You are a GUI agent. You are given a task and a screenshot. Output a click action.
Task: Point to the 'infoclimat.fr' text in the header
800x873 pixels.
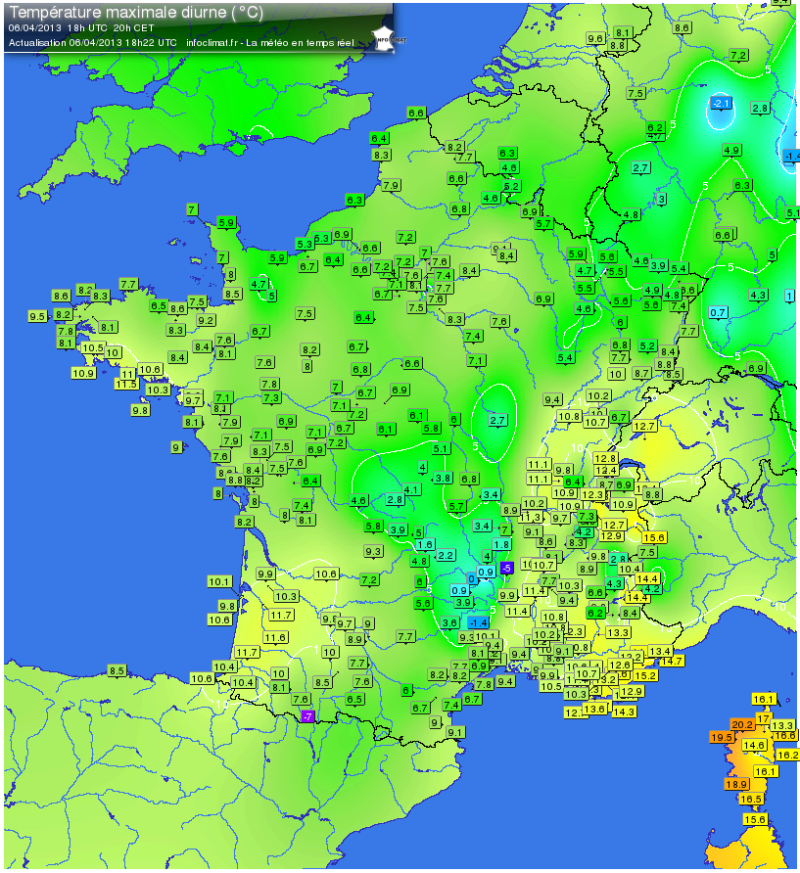(x=212, y=42)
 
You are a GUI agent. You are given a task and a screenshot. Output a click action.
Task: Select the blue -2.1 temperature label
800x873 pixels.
(x=721, y=104)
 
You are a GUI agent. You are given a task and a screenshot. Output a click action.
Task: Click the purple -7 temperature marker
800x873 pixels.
(x=307, y=716)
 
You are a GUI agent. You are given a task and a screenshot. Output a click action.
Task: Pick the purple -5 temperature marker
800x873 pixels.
(x=506, y=568)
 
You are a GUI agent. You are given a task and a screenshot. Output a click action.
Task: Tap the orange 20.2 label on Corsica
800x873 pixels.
(x=742, y=724)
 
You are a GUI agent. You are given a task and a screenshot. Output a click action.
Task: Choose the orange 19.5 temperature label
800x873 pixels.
(x=722, y=737)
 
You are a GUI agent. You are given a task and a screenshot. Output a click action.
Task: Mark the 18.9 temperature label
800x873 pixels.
(x=736, y=784)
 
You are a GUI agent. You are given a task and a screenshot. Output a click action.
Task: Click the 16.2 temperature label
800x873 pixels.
(x=787, y=755)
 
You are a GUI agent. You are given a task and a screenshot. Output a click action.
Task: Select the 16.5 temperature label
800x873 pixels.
(x=751, y=799)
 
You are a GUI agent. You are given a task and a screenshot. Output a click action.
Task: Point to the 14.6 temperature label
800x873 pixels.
(x=755, y=745)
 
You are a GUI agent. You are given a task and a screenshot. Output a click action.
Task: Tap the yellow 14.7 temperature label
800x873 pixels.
(x=672, y=661)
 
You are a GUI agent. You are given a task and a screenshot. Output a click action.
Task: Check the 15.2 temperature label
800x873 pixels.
(x=645, y=675)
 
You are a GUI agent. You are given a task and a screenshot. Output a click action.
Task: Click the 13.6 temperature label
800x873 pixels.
(x=594, y=709)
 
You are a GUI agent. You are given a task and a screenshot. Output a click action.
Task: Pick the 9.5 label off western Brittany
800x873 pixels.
(x=38, y=316)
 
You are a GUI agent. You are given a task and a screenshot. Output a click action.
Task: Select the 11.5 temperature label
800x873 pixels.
(x=126, y=385)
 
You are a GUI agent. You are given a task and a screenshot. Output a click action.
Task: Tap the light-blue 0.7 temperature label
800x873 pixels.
(x=718, y=312)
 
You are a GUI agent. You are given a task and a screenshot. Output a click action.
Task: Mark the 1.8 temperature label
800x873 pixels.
(x=501, y=543)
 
